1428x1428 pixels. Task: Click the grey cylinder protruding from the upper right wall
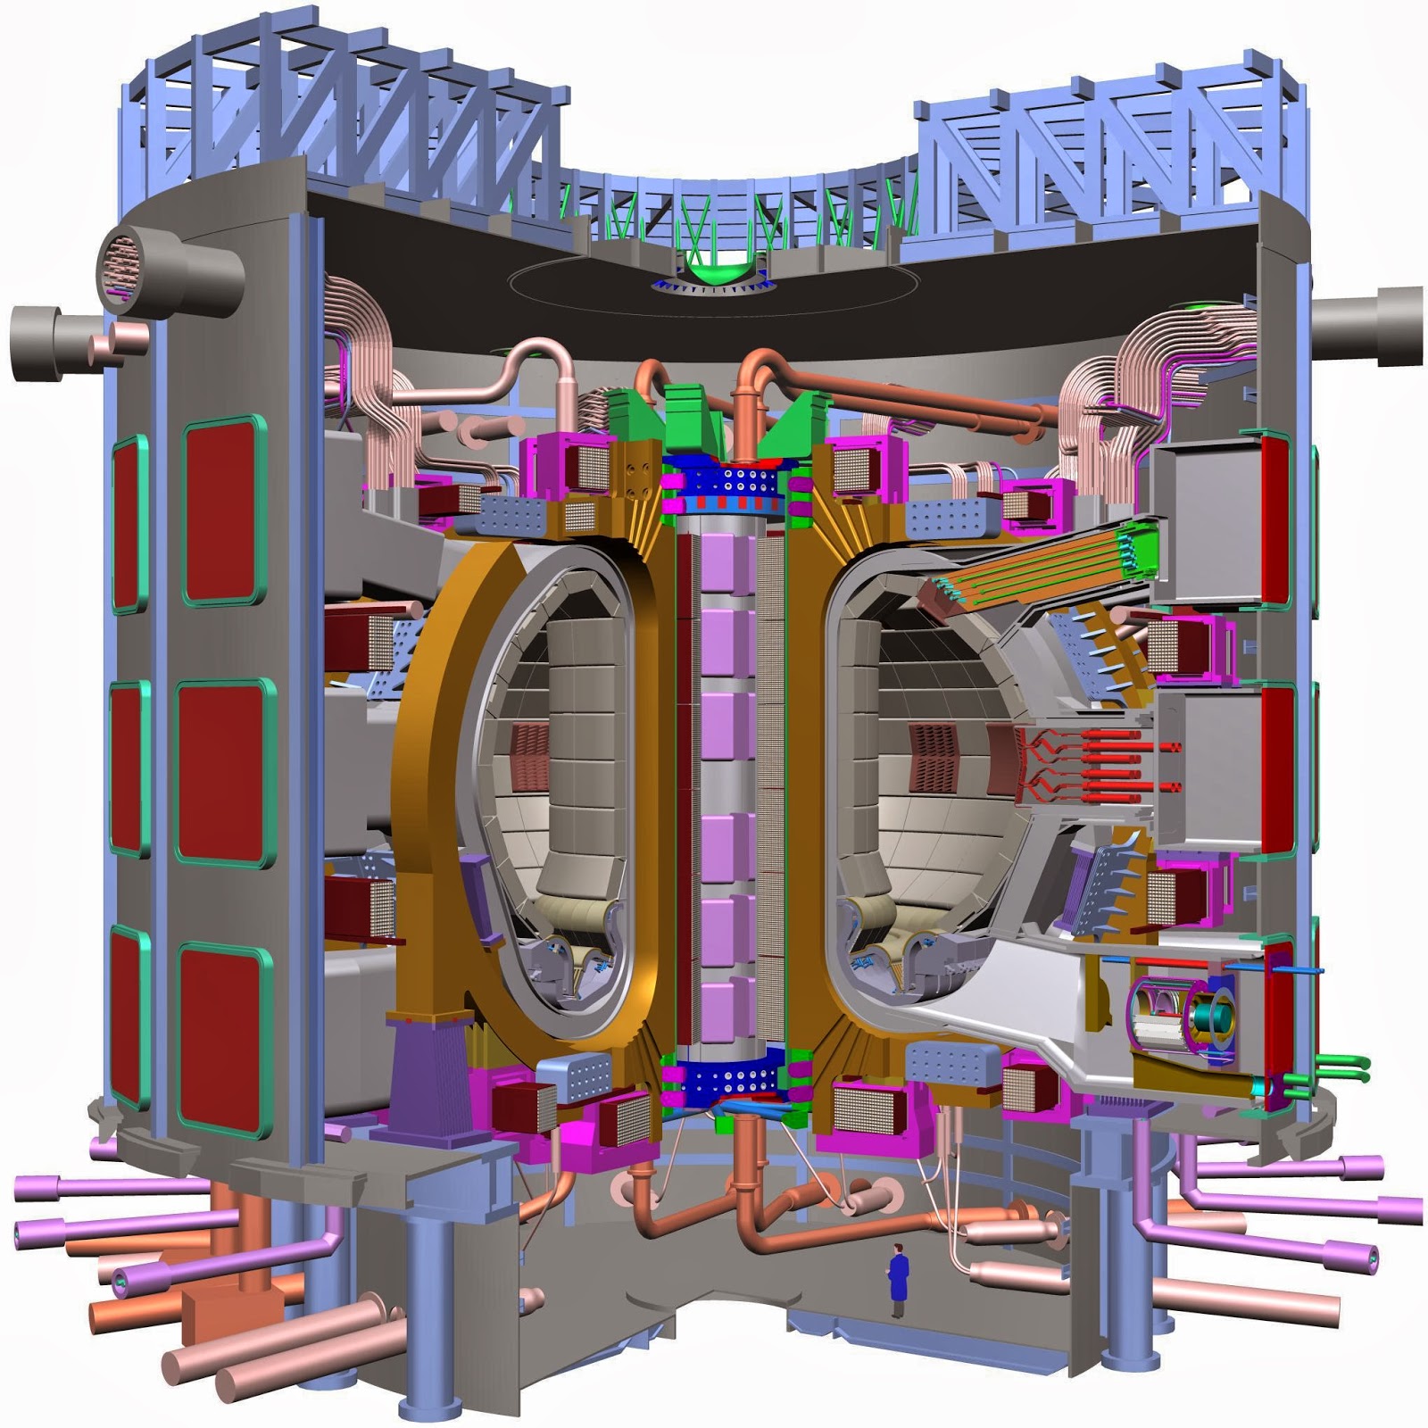click(1366, 326)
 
